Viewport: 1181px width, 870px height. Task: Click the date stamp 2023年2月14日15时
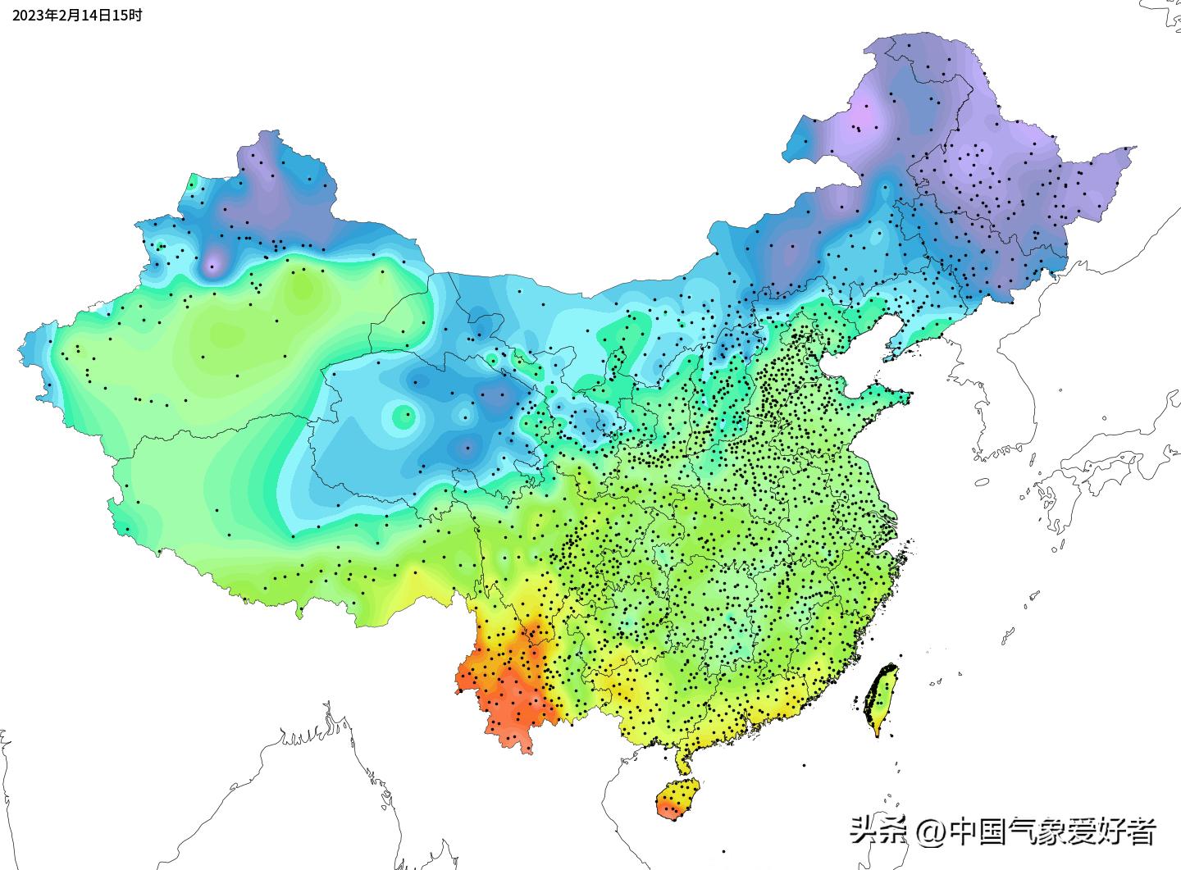coord(76,15)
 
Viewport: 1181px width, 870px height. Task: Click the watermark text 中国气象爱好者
coord(1052,831)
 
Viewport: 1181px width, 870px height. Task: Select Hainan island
coord(677,799)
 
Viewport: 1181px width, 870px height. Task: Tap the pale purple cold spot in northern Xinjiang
coord(212,263)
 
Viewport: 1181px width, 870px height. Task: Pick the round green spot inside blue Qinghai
coord(403,417)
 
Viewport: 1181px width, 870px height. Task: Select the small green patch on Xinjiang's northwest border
coord(192,181)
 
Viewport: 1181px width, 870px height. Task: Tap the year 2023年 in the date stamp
coord(34,15)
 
